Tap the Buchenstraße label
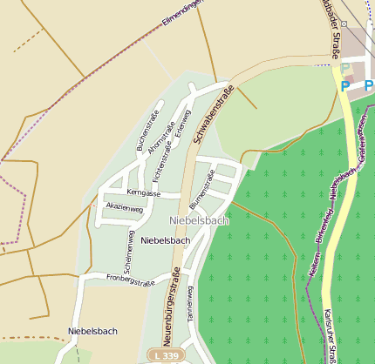tap(148, 131)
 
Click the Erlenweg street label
tap(182, 123)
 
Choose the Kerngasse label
tap(144, 192)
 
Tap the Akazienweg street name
tap(123, 207)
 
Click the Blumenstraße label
tap(207, 190)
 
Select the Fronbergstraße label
tap(130, 281)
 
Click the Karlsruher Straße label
tap(332, 335)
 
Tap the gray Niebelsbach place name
tap(199, 221)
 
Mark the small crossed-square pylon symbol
tap(345, 24)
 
